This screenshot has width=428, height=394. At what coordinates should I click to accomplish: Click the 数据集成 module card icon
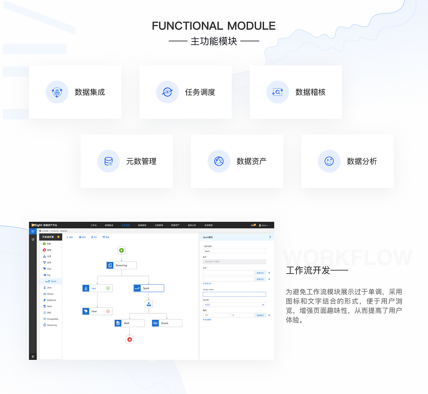pyautogui.click(x=57, y=92)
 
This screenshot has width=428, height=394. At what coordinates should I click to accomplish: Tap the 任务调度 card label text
pyautogui.click(x=200, y=92)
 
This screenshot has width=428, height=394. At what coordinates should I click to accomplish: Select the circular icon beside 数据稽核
pyautogui.click(x=278, y=92)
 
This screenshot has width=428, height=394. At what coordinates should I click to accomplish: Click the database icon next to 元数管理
pyautogui.click(x=109, y=161)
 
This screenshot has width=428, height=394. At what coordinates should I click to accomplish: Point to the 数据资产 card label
pyautogui.click(x=251, y=161)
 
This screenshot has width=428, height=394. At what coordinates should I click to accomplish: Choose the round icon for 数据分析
pyautogui.click(x=329, y=161)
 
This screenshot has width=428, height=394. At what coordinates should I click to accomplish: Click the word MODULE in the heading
pyautogui.click(x=251, y=26)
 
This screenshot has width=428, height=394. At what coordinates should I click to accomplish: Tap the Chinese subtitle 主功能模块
pyautogui.click(x=214, y=41)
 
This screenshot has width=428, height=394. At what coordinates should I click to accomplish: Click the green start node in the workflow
pyautogui.click(x=121, y=250)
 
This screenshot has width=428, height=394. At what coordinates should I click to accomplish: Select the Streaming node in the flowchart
pyautogui.click(x=121, y=265)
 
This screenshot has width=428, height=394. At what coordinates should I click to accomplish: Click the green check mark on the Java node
pyautogui.click(x=108, y=288)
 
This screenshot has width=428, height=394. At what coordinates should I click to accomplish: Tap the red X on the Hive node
pyautogui.click(x=108, y=311)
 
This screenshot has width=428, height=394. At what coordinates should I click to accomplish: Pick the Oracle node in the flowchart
pyautogui.click(x=167, y=323)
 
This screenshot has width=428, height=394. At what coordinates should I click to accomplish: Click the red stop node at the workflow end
pyautogui.click(x=130, y=339)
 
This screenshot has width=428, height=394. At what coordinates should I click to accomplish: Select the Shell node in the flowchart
pyautogui.click(x=129, y=323)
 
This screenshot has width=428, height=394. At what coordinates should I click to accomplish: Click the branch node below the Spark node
pyautogui.click(x=149, y=304)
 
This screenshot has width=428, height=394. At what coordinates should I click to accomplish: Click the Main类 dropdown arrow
pyautogui.click(x=263, y=305)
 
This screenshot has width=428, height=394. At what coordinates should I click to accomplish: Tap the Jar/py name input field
pyautogui.click(x=234, y=294)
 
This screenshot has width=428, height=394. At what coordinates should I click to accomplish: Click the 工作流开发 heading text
pyautogui.click(x=308, y=270)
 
